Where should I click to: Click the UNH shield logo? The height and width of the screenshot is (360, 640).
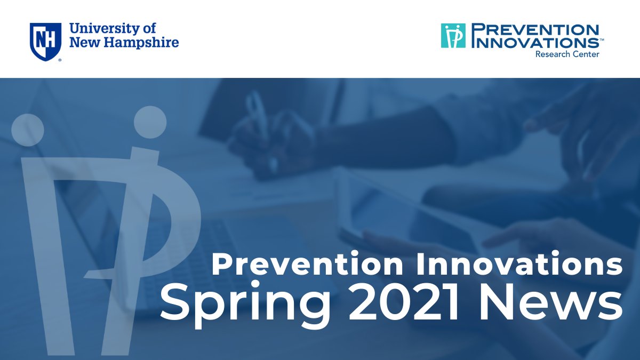45,41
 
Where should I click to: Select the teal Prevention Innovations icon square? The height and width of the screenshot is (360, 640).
453,36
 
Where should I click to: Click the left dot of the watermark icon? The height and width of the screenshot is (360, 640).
27,130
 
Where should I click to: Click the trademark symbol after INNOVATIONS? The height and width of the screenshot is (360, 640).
602,39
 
